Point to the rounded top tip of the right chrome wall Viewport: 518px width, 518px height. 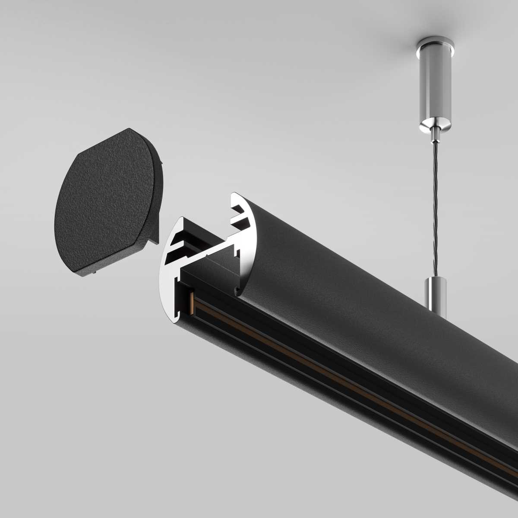(x=235, y=195)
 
